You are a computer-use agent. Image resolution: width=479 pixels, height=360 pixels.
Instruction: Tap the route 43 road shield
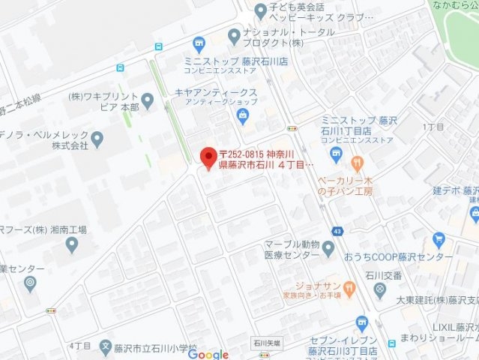point(340,231)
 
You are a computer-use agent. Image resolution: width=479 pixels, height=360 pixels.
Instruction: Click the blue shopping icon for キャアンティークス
point(243,114)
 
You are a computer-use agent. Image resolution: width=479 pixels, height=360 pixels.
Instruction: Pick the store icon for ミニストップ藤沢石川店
point(199,43)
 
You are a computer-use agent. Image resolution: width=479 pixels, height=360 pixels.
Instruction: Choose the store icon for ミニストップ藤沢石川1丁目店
point(335,154)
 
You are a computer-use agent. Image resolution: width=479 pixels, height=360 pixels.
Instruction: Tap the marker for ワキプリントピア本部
point(147,100)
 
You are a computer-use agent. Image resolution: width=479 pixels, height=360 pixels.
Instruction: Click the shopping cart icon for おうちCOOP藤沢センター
point(439,241)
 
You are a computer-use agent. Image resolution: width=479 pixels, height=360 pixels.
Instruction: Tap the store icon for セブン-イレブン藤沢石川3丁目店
point(361,323)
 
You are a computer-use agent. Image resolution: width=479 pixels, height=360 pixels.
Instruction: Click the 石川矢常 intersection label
point(266,341)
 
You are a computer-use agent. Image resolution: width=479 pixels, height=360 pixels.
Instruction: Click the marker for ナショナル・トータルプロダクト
point(234,34)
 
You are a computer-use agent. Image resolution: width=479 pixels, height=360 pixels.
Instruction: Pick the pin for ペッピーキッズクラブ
point(260,10)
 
